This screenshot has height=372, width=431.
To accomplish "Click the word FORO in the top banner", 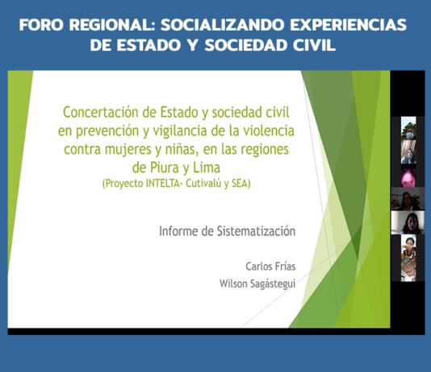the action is [42, 25].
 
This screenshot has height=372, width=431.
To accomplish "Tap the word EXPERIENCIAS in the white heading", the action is [348, 25].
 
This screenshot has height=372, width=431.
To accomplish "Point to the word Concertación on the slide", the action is [101, 112].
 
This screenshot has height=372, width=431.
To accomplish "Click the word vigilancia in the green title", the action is [180, 130].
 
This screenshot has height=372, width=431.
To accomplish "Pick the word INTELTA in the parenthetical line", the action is [162, 184].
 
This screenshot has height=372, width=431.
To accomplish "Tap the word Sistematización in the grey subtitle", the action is [256, 231].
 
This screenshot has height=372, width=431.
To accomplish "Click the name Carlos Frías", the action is [270, 267].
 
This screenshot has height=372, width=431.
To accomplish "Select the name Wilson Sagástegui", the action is [257, 283].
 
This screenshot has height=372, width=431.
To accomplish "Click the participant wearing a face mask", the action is [408, 128].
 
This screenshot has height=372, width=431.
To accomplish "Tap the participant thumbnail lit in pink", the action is [408, 176].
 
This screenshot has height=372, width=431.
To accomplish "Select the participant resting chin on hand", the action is [408, 246].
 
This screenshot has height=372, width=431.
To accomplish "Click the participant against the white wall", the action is [408, 222].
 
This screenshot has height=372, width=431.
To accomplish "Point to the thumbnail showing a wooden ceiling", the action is [408, 270].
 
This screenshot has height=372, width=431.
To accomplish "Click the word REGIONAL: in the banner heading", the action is [112, 25].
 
